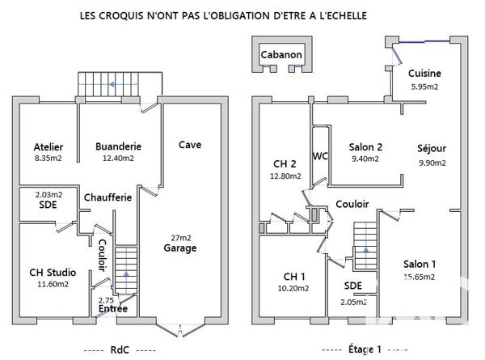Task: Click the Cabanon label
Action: coord(281,55)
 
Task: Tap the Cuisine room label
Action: coord(424,72)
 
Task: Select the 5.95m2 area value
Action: coord(424,86)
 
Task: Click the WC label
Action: coord(319,156)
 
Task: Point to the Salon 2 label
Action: coord(365,147)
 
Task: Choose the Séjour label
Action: coord(432,149)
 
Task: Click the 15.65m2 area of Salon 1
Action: coord(420,277)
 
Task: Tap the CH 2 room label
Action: coord(285,162)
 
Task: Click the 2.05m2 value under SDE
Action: coord(352,301)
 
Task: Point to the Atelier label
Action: coord(48,146)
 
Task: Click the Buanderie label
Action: coord(118,146)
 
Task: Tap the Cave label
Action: coord(190,145)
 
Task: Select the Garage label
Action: coord(181,248)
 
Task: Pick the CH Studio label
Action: coord(48,271)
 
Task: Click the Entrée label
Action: coord(112,309)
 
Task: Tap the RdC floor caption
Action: coord(120,349)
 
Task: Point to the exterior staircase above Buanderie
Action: coord(108,83)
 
